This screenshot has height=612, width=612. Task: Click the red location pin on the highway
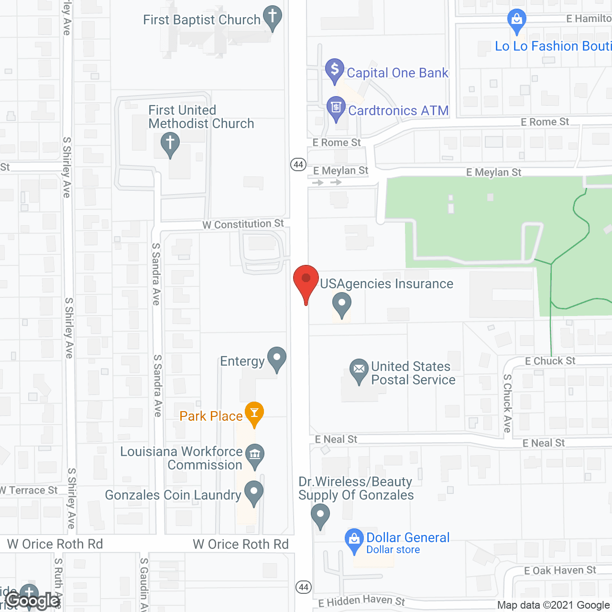[306, 279]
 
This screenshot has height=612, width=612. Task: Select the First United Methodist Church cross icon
[170, 143]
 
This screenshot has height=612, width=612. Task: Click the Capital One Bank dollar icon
[335, 69]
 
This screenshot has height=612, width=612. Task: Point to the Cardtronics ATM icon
[336, 107]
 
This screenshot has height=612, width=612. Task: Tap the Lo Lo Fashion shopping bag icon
[516, 20]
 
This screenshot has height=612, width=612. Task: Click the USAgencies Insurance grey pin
[342, 304]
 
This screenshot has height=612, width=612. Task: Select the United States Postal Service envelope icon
[359, 370]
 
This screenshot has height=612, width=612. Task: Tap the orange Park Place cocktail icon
[254, 413]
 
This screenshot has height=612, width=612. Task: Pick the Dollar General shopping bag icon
[354, 539]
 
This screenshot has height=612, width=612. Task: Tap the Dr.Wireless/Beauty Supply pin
[320, 515]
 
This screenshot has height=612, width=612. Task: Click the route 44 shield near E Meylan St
[298, 164]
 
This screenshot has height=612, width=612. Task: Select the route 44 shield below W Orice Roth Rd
[304, 587]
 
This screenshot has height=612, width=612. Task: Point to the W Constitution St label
[243, 224]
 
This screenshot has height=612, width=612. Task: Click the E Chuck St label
[550, 361]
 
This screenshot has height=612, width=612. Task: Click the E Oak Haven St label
[560, 570]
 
